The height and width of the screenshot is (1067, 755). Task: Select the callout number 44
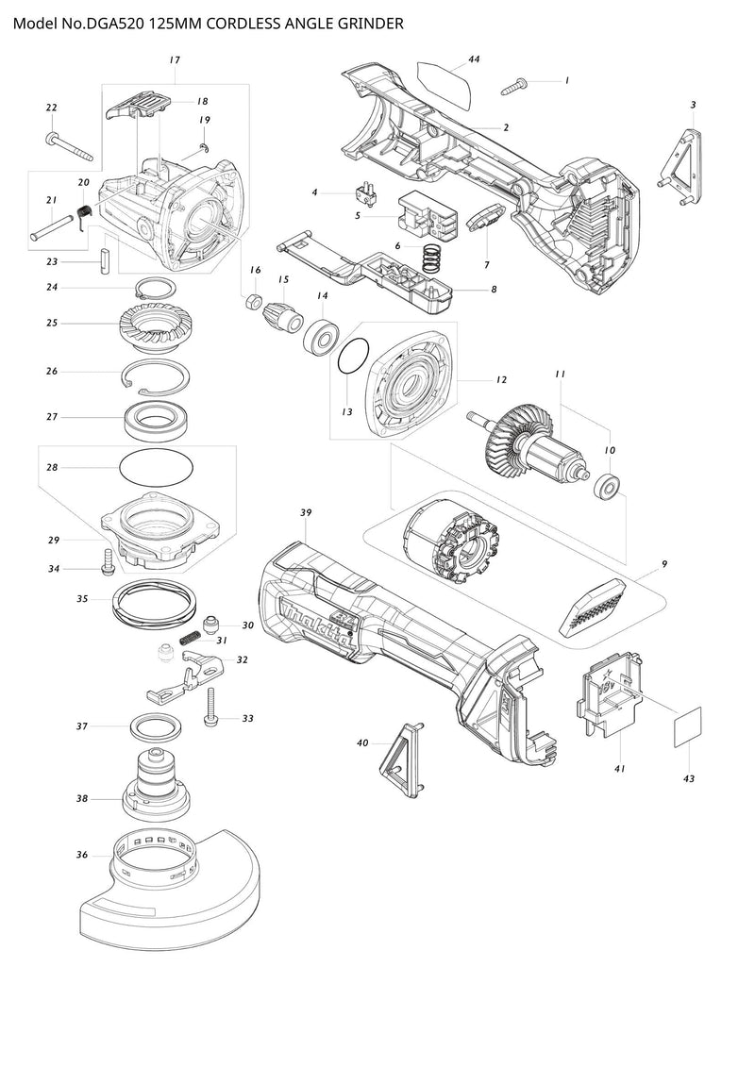[x=474, y=59]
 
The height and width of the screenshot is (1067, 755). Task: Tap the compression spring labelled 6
[x=429, y=255]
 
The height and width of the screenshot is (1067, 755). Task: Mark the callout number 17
[x=175, y=60]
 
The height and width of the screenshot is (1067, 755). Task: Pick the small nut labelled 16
[x=253, y=302]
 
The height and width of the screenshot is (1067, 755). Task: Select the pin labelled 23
[x=106, y=259]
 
